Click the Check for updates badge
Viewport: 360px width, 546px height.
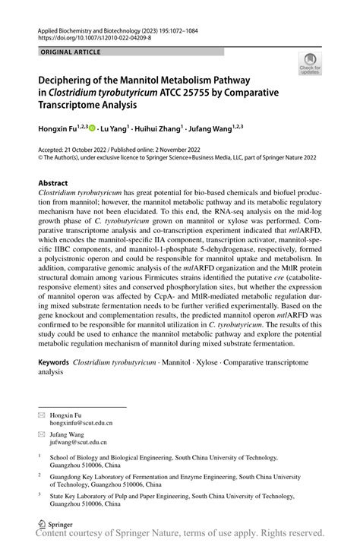pos(309,66)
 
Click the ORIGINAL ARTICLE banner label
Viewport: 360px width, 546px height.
pos(65,52)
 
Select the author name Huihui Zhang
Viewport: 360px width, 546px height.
pos(163,130)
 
